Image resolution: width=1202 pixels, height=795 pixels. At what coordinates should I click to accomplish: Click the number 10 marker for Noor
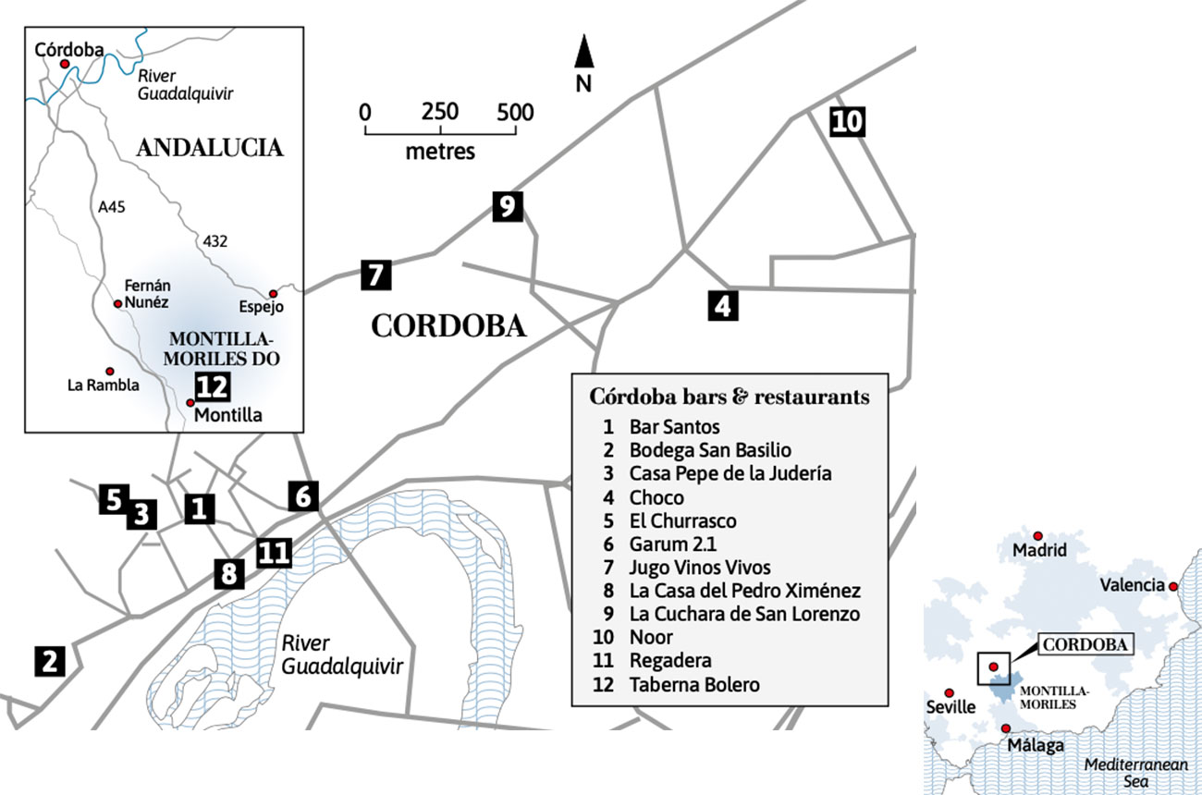[x=847, y=121]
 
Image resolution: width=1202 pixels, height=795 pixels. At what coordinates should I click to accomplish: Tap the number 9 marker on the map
[x=507, y=206]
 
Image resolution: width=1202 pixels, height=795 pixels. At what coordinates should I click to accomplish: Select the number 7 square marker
[x=374, y=275]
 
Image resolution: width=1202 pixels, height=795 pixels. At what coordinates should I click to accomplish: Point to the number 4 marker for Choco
[x=723, y=305]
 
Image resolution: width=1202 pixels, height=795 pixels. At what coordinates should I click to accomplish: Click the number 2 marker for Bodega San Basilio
[x=49, y=660]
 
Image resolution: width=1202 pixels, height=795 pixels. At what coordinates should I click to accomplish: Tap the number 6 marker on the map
[x=303, y=496]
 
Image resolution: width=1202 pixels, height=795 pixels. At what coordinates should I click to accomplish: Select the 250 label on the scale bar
[x=440, y=113]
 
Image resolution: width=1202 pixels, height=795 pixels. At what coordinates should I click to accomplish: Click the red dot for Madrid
[x=1038, y=535]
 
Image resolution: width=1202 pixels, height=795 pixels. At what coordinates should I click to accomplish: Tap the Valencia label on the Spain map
[x=1132, y=585]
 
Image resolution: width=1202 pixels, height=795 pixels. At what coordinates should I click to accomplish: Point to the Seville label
[x=951, y=707]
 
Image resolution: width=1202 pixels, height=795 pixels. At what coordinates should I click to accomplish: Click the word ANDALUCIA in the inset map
[x=210, y=148]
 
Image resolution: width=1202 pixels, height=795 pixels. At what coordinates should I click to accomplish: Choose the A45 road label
[x=112, y=208]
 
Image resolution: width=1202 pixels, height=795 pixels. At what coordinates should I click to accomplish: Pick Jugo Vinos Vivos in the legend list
[x=700, y=568]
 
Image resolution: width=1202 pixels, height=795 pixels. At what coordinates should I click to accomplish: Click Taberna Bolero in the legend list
[x=694, y=685]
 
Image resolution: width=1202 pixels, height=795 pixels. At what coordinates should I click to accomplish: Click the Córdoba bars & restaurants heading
[x=730, y=397]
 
